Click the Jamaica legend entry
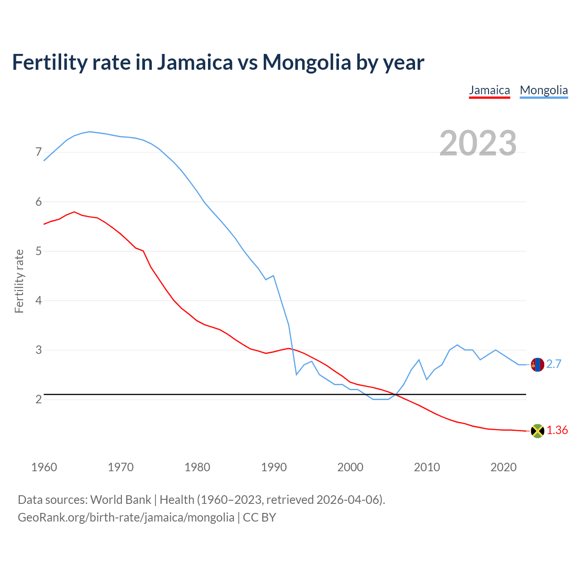[489, 90]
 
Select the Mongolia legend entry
[544, 90]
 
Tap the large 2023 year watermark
[478, 143]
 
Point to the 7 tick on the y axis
[39, 152]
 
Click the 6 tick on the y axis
[39, 202]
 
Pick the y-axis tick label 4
[39, 300]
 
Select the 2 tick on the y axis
[39, 399]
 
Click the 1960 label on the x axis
[44, 467]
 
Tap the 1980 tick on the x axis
[197, 467]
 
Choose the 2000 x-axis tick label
[350, 467]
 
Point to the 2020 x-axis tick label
[503, 467]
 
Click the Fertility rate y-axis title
[19, 281]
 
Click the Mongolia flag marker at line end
[537, 364]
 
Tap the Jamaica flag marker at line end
[537, 431]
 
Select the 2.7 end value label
[554, 364]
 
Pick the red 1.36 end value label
[557, 430]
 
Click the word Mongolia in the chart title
[307, 62]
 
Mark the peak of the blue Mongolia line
[90, 131]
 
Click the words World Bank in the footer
[121, 500]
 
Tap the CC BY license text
[259, 517]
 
